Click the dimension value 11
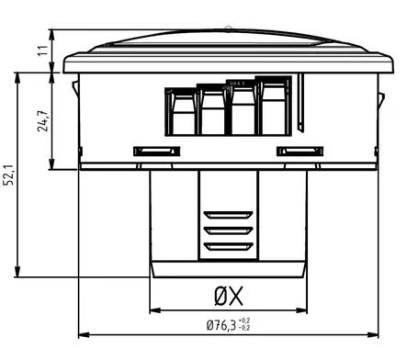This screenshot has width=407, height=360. click(43, 51)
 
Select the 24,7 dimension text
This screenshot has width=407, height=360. click(42, 120)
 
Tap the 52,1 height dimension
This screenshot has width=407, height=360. click(8, 174)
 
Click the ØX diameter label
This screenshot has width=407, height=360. click(229, 296)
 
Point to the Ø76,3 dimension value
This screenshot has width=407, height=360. click(221, 325)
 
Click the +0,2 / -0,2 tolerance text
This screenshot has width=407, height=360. click(244, 324)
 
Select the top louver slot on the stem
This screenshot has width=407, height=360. click(228, 215)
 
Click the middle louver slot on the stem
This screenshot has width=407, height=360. click(228, 231)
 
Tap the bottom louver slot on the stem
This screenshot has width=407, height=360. click(228, 246)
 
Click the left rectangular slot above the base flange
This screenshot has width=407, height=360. click(157, 152)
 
